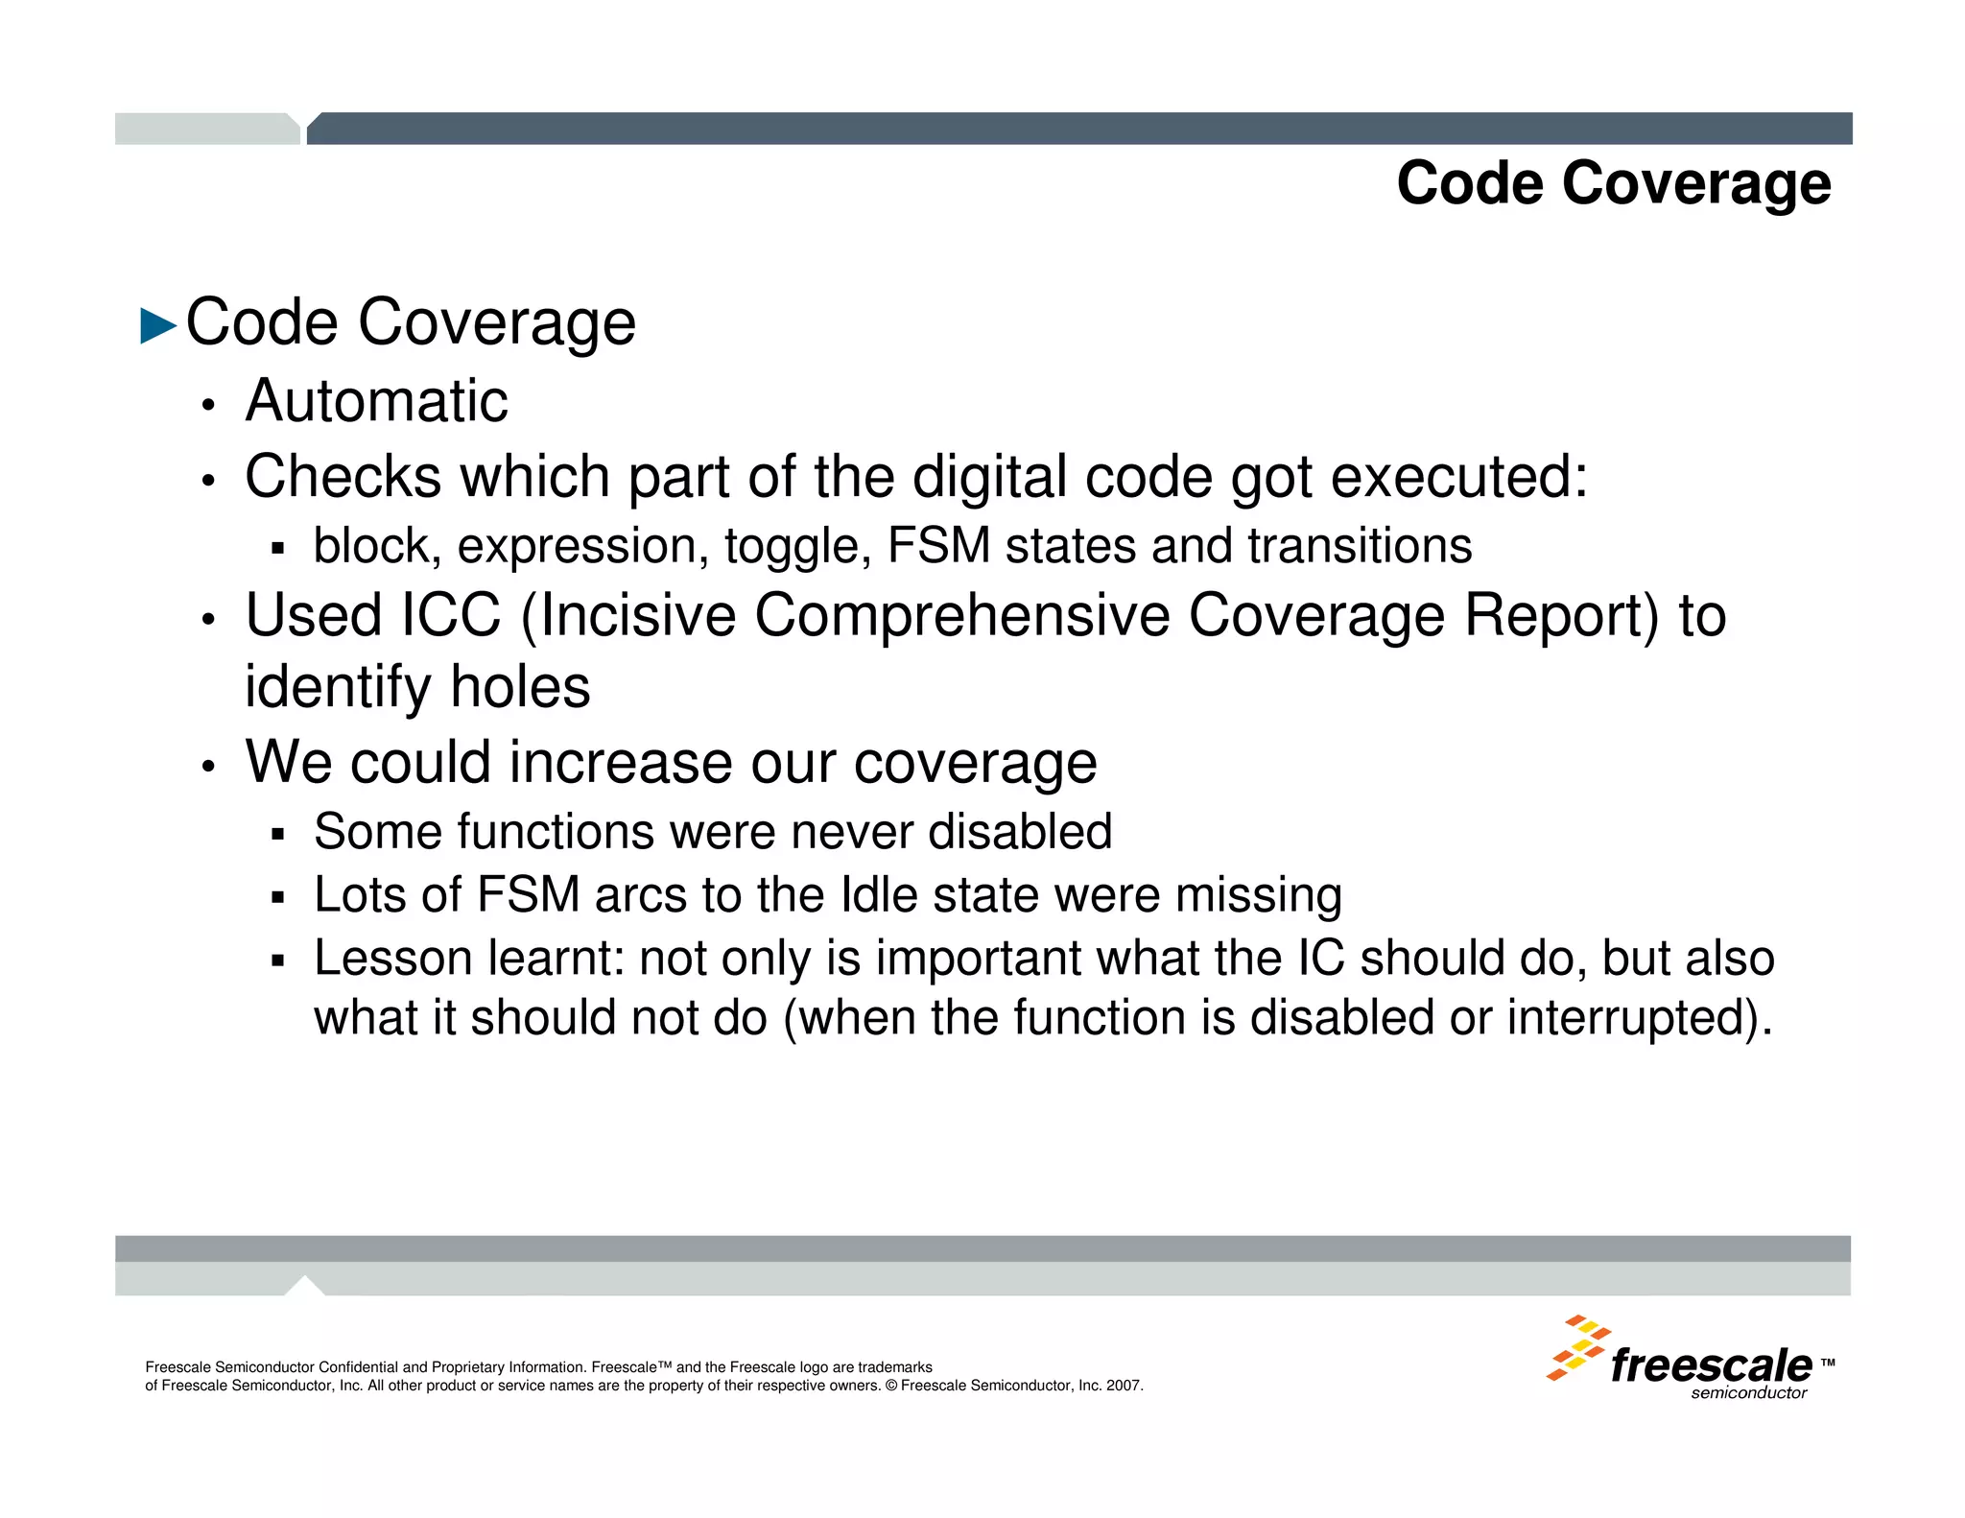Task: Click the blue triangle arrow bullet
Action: [158, 325]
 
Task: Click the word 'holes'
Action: [520, 687]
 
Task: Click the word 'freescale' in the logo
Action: [1711, 1364]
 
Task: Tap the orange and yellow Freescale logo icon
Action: [1575, 1348]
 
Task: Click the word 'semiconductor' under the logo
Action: [1748, 1393]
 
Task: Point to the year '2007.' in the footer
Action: [1125, 1386]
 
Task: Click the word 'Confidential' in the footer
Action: [358, 1367]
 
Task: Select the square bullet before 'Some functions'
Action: [278, 834]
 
